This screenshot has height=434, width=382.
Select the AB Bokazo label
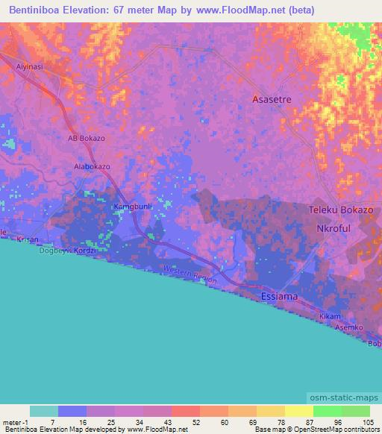pos(87,139)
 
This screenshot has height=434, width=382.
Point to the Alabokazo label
pos(92,167)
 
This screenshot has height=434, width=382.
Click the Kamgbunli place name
pos(132,206)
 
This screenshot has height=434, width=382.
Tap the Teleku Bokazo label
pos(341,210)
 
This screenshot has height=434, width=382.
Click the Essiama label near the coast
pos(280,296)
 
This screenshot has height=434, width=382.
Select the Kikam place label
pos(330,317)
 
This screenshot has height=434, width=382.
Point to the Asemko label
pos(348,328)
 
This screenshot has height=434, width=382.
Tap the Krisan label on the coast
pos(28,240)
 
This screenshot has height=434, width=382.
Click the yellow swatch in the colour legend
pos(298,411)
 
